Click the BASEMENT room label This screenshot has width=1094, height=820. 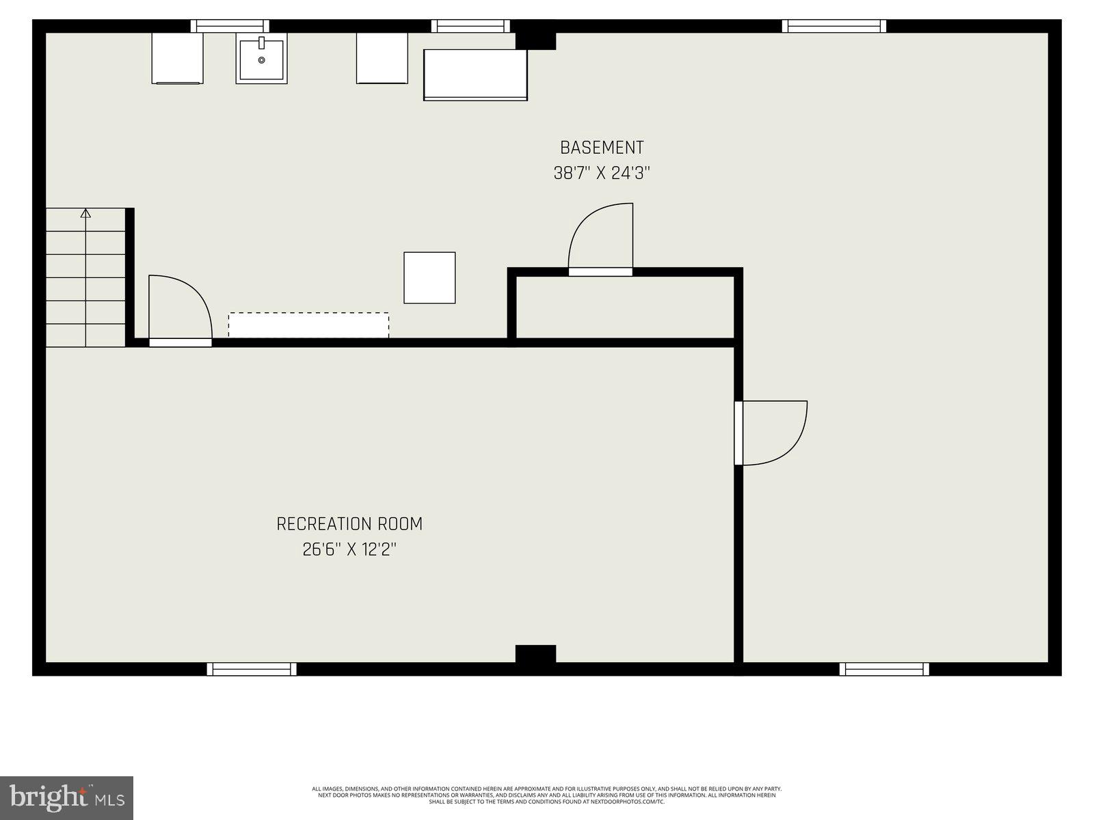point(602,148)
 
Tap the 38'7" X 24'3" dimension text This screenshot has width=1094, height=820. point(602,174)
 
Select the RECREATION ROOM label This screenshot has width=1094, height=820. point(349,524)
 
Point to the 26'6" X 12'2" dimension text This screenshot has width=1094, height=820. point(349,549)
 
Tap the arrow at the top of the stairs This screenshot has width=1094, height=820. point(85,214)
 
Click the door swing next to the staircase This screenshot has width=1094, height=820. point(178,307)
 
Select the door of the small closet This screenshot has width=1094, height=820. point(600,239)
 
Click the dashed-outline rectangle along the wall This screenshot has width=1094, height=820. point(308,325)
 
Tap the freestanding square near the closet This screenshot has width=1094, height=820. point(429,277)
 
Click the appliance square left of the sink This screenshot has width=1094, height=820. point(177,58)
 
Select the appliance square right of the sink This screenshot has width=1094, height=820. point(382,58)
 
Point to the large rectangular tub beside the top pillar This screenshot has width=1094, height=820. point(475,74)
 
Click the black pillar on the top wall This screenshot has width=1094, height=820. point(535,38)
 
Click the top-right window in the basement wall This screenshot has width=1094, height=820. point(833,26)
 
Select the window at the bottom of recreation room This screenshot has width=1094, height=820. point(252,669)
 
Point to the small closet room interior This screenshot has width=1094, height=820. point(624,307)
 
